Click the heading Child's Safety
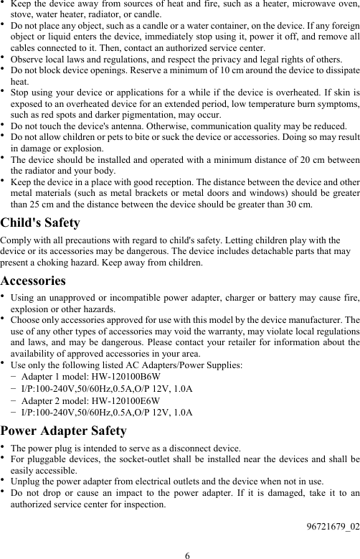tap(40, 223)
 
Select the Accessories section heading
tap(33, 281)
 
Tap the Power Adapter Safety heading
tap(64, 431)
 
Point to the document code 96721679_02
tap(331, 527)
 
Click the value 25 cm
tap(44, 205)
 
